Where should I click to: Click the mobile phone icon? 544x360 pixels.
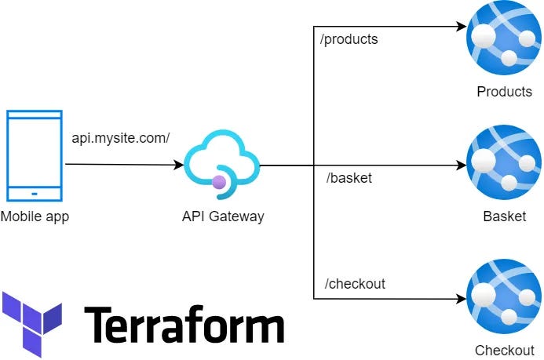pos(35,156)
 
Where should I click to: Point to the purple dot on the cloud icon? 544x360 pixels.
pos(219,182)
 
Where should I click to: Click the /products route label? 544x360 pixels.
pos(349,39)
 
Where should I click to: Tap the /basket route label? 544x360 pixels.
pos(349,178)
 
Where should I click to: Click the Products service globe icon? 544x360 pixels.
pos(504,40)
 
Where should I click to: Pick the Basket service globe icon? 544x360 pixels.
pos(504,165)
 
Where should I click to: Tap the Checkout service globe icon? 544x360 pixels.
pos(504,299)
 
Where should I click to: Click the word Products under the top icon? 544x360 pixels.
pos(504,92)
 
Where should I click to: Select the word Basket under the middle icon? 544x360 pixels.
pos(504,216)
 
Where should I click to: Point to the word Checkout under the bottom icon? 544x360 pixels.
pos(504,351)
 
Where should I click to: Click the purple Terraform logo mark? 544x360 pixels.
pos(31,322)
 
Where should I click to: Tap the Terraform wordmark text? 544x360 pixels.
pos(184,324)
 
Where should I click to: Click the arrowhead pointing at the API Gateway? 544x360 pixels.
pos(179,165)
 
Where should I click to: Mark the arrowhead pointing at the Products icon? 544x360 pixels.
pos(461,26)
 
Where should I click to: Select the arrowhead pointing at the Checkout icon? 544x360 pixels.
pos(461,299)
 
